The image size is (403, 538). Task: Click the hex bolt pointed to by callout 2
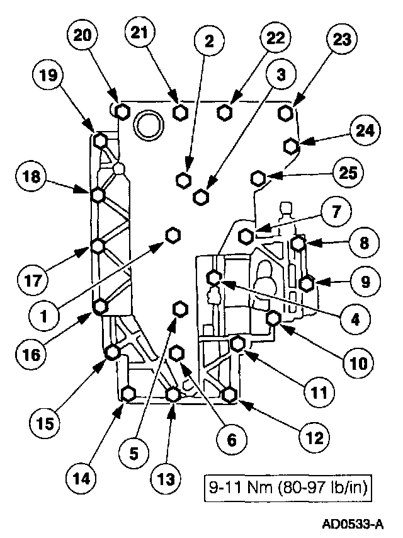coord(184,180)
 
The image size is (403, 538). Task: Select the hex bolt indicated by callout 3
coord(201,197)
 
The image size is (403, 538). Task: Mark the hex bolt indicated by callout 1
coord(173,235)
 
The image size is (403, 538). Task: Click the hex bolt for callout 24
coord(290,146)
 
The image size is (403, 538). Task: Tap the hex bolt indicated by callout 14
coord(128,394)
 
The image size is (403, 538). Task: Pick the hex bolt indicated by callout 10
coord(274,319)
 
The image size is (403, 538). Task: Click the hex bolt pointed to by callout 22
coord(224,112)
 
